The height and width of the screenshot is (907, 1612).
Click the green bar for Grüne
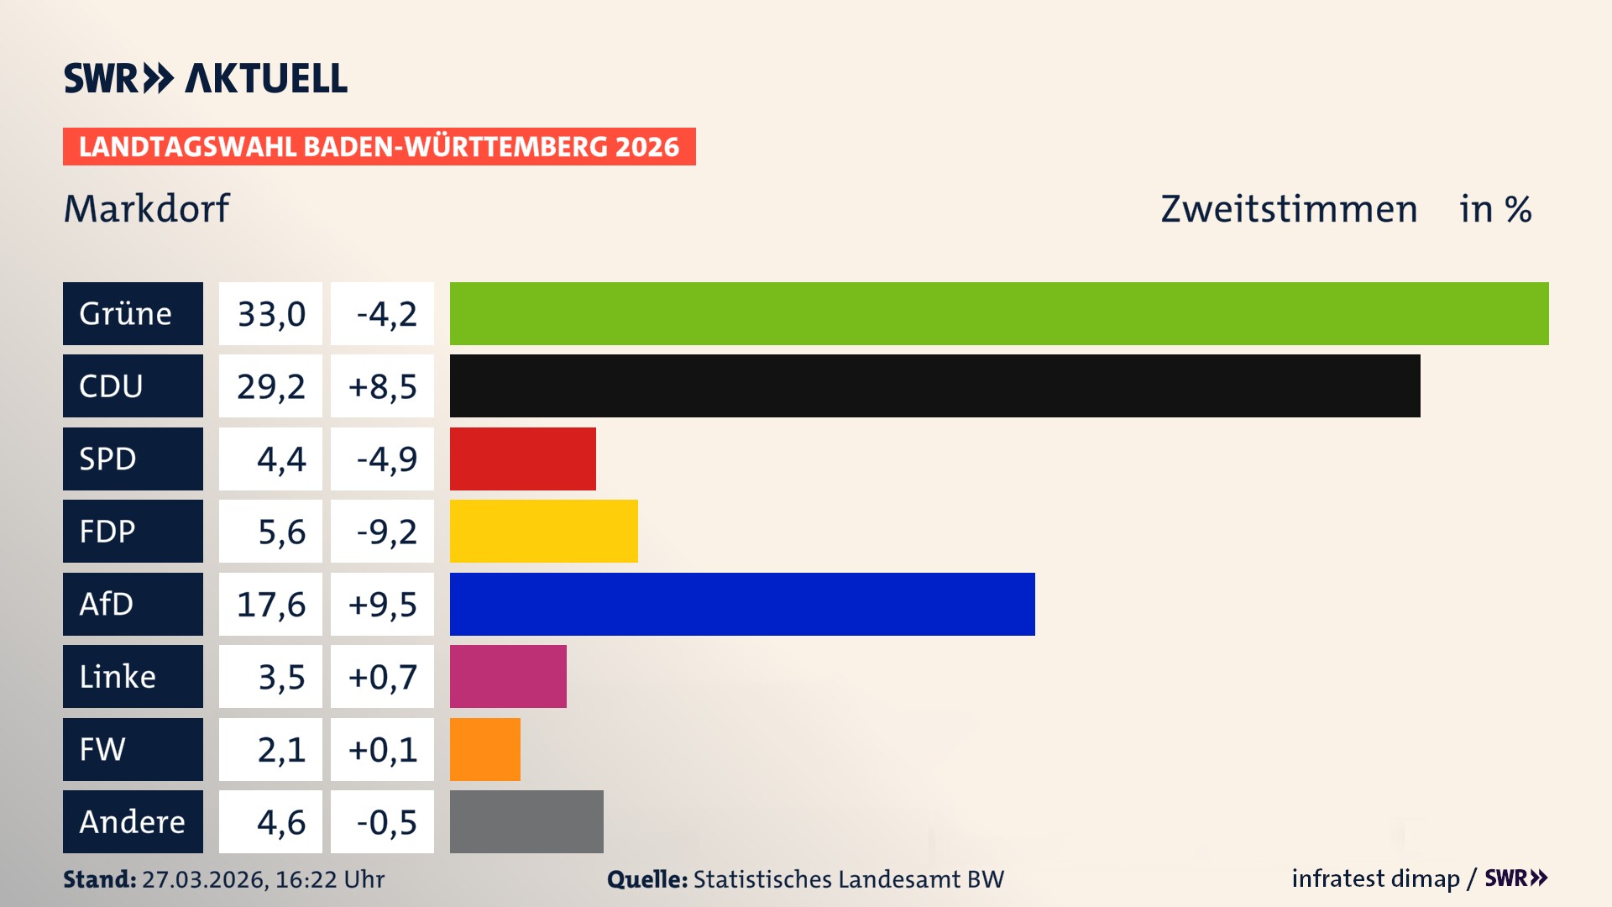pos(999,313)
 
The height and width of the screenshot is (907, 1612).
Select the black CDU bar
pos(934,385)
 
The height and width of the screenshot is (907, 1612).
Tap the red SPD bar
pos(522,459)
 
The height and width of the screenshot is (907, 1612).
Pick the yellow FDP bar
pos(543,531)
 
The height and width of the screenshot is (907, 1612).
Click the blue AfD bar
pos(742,604)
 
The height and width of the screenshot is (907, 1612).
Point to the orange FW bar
pos(484,749)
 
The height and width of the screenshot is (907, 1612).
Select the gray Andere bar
pos(526,821)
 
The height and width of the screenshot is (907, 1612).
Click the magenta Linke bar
pos(508,676)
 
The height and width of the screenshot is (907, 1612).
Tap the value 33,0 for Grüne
pos(270,313)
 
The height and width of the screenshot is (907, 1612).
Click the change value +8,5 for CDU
pos(382,385)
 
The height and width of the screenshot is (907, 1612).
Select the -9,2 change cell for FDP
pos(382,531)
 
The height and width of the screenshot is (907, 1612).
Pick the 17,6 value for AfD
pos(270,604)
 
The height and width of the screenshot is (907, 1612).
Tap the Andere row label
pos(133,821)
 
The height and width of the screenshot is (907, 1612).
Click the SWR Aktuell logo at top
pos(206,78)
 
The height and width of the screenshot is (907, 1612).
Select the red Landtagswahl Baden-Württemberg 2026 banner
pos(379,146)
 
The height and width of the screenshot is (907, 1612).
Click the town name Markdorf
pos(146,208)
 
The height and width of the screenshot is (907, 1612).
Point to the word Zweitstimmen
pos(1289,208)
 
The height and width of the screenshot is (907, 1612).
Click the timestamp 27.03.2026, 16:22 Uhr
pos(263,878)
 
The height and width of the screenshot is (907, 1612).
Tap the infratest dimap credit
pos(1375,878)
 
